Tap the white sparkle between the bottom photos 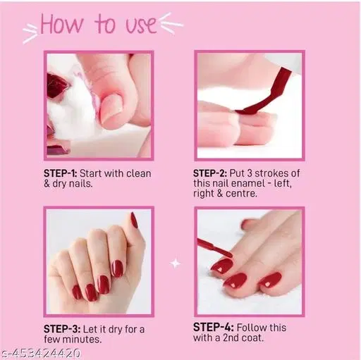pyautogui.click(x=176, y=263)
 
